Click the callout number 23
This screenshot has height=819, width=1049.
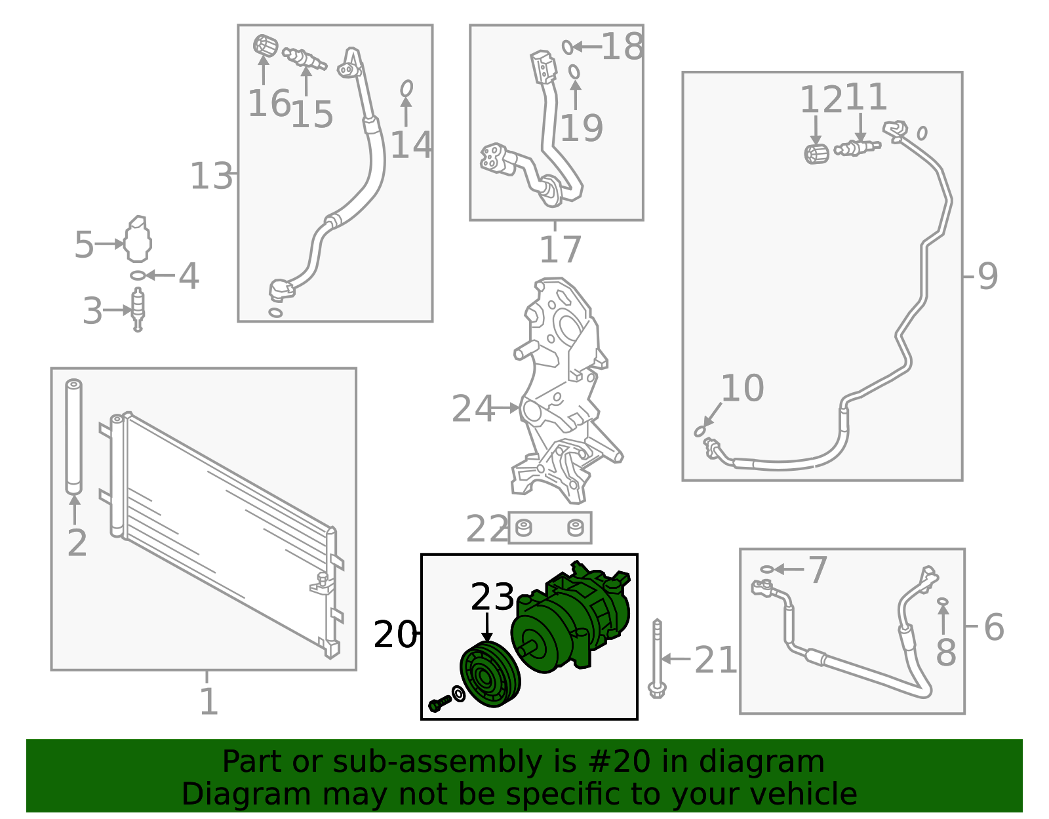(492, 597)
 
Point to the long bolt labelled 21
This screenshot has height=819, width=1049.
(657, 658)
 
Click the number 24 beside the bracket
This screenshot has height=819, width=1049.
(473, 409)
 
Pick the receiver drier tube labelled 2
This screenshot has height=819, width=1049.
(74, 437)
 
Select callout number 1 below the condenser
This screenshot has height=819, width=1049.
(208, 701)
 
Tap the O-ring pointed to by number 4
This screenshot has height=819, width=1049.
(138, 275)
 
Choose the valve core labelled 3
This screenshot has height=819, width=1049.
(138, 310)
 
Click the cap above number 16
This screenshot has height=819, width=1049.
(265, 46)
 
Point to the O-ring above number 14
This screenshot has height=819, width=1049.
(406, 89)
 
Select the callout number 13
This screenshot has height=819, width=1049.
(212, 176)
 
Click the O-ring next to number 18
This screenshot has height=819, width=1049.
(568, 47)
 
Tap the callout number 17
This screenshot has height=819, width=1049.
(560, 249)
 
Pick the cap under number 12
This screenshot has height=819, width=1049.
(816, 154)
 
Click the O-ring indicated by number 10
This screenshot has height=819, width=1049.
(700, 431)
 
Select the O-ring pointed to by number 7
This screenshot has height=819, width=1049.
(766, 569)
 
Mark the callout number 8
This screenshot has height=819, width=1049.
(945, 652)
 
